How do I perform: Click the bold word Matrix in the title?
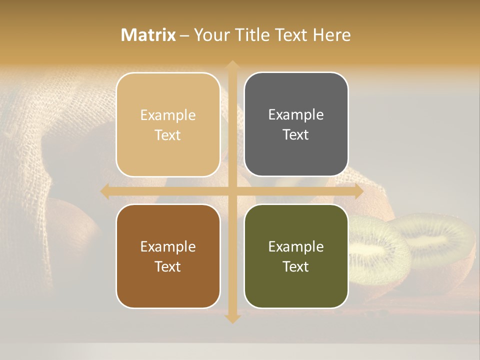pos(148,35)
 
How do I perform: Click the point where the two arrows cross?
pos(232,190)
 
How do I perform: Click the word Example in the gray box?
pos(296,114)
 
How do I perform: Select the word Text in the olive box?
pos(296,266)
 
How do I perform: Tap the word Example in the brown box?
pos(168,246)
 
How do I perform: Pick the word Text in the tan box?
pos(168,135)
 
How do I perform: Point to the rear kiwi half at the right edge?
pos(440,240)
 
